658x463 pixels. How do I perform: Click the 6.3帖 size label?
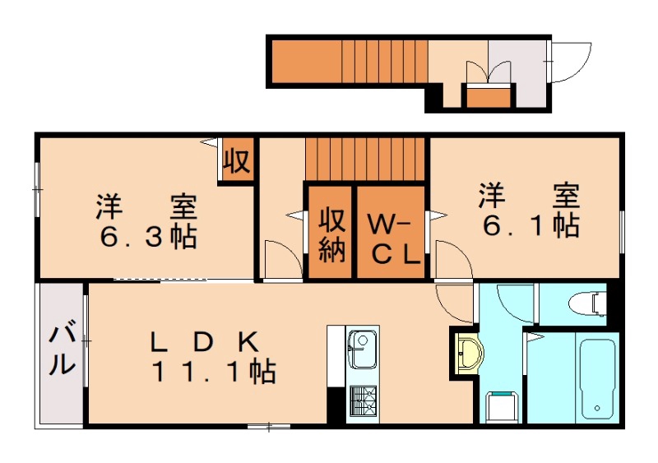click(148, 238)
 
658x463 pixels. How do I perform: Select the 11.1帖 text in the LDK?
click(212, 373)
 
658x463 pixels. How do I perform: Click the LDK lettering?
click(205, 340)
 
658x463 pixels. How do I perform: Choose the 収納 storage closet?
click(331, 234)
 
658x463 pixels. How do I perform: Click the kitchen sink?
click(361, 349)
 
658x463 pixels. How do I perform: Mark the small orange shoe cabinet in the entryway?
click(489, 97)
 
